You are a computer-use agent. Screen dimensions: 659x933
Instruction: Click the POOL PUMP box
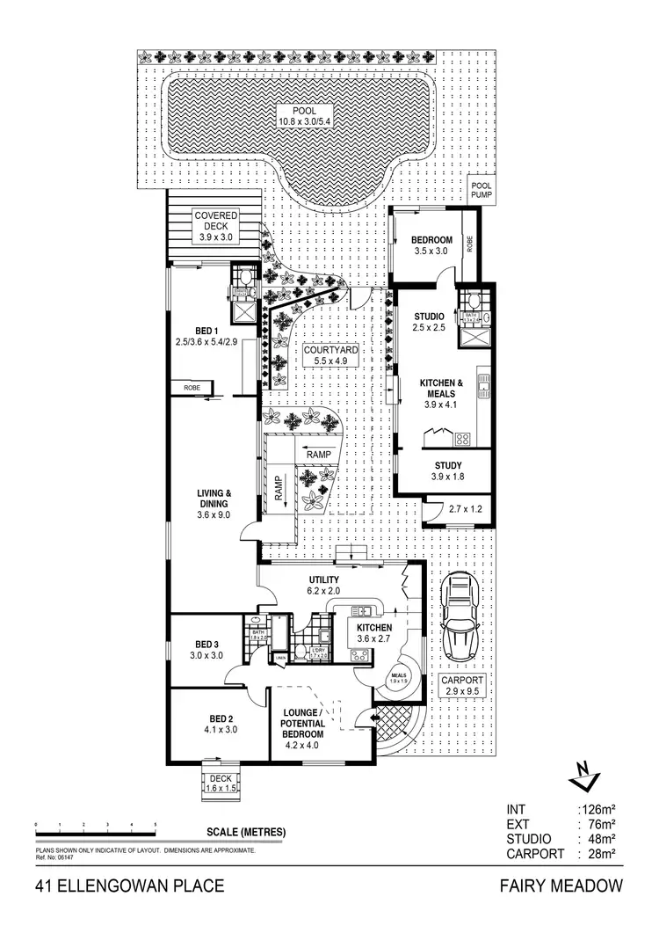pyautogui.click(x=482, y=190)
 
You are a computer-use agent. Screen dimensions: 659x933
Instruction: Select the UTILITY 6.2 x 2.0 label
pyautogui.click(x=323, y=586)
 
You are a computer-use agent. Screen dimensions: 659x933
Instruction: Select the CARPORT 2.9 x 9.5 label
pyautogui.click(x=462, y=686)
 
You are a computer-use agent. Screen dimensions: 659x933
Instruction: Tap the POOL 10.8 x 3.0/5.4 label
pyautogui.click(x=302, y=115)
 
